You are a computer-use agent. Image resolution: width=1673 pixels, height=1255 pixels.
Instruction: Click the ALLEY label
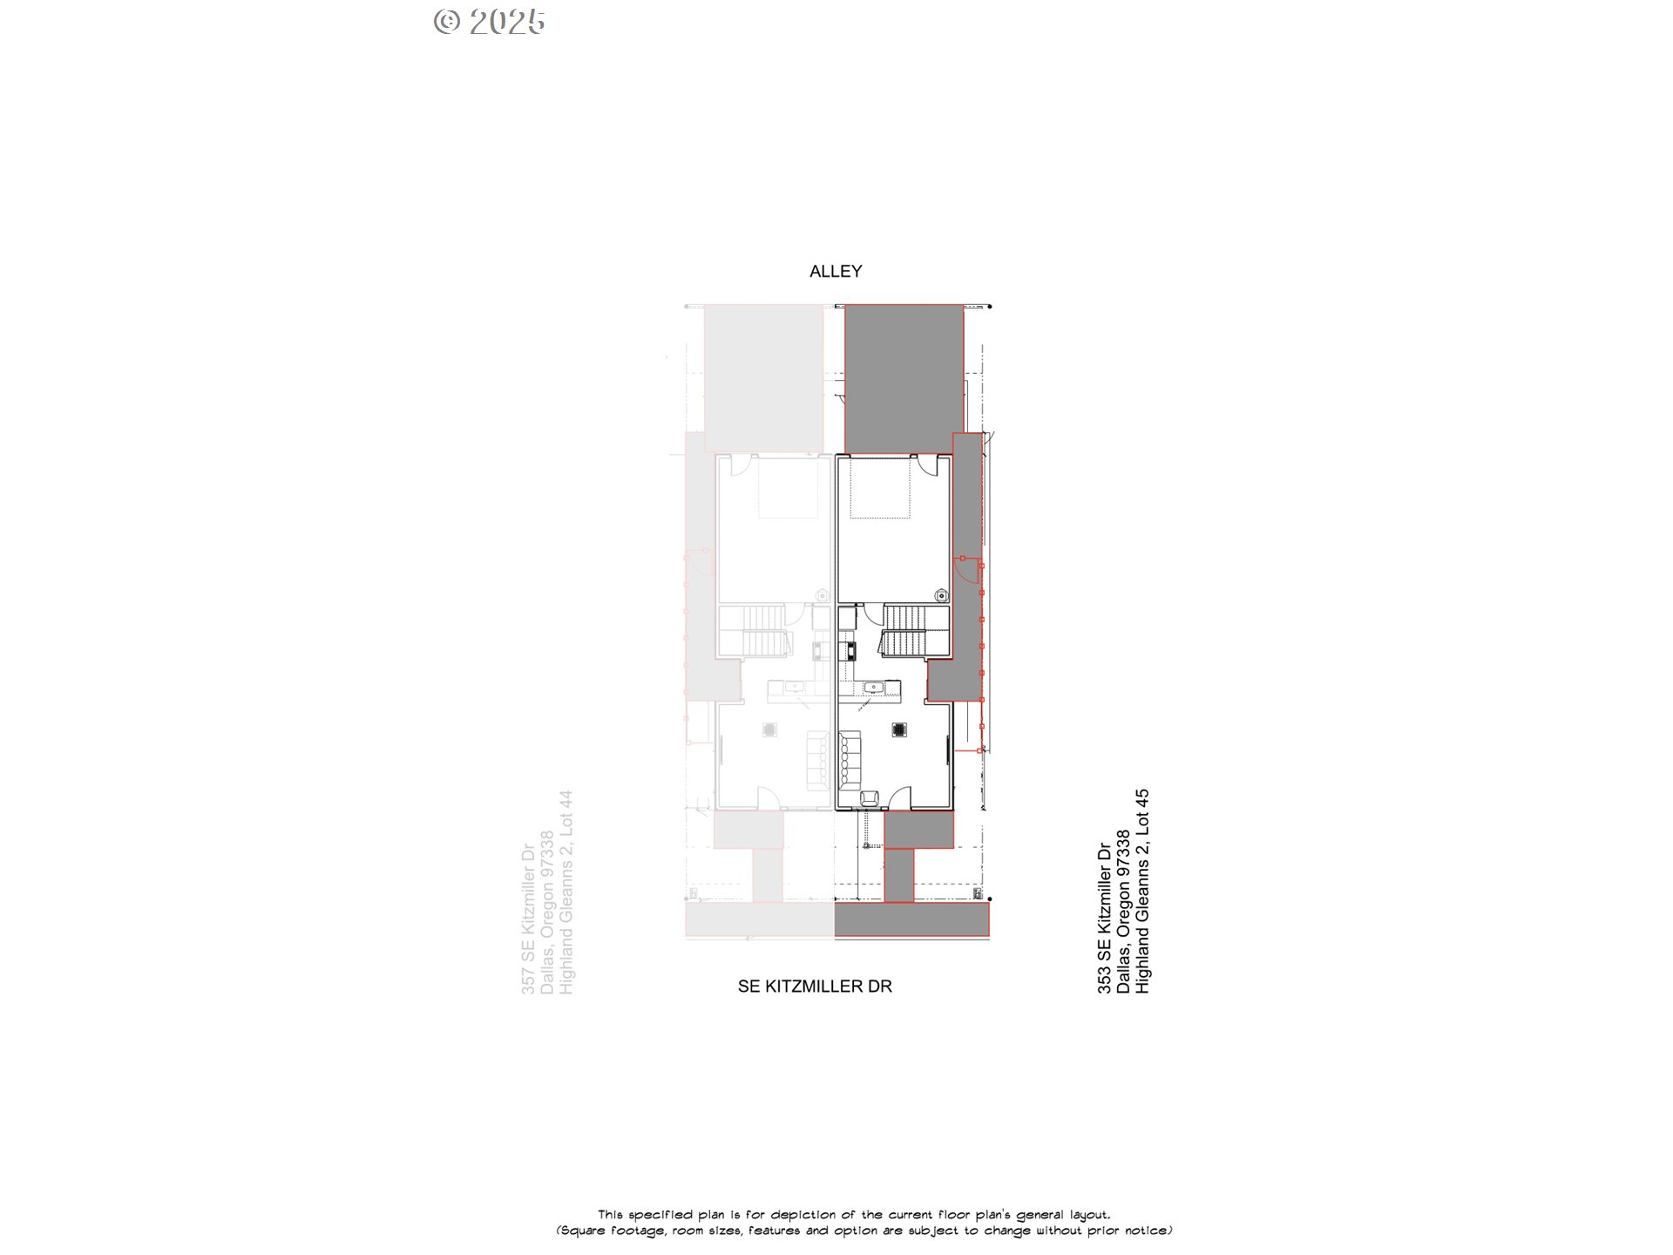pyautogui.click(x=836, y=271)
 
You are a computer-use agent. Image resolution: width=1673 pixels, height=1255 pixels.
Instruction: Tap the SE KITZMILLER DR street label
pyautogui.click(x=815, y=986)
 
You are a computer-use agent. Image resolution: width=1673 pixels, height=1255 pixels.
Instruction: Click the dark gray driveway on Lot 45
pyautogui.click(x=904, y=378)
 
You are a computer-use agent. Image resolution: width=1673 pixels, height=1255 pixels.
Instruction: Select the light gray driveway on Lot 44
pyautogui.click(x=763, y=378)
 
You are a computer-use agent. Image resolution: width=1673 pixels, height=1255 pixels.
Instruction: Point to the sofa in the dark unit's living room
pyautogui.click(x=850, y=761)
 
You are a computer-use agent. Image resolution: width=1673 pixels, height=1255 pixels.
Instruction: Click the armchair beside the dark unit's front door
pyautogui.click(x=869, y=797)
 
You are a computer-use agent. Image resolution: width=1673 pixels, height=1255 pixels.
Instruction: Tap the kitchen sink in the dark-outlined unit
pyautogui.click(x=872, y=688)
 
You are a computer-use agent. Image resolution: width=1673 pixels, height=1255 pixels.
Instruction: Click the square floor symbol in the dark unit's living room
pyautogui.click(x=899, y=729)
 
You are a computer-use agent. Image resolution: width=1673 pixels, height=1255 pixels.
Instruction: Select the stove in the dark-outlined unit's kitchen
pyautogui.click(x=847, y=650)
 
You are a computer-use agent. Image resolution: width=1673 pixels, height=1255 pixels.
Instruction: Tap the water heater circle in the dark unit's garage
pyautogui.click(x=941, y=595)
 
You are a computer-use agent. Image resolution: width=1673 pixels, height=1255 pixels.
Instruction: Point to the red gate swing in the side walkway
pyautogui.click(x=966, y=570)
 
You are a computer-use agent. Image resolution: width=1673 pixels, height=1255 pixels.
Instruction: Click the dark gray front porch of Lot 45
pyautogui.click(x=918, y=829)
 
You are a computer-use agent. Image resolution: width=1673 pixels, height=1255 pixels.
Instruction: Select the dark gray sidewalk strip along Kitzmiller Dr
pyautogui.click(x=911, y=919)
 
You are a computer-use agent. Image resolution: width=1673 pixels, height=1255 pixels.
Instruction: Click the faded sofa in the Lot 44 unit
pyautogui.click(x=817, y=761)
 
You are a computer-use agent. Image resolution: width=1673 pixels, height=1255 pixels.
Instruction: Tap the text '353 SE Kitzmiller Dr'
pyautogui.click(x=1104, y=918)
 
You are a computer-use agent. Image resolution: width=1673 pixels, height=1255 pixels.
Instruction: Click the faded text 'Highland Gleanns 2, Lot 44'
pyautogui.click(x=566, y=892)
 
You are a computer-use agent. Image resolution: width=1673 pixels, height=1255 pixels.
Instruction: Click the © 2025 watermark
pyautogui.click(x=489, y=22)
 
